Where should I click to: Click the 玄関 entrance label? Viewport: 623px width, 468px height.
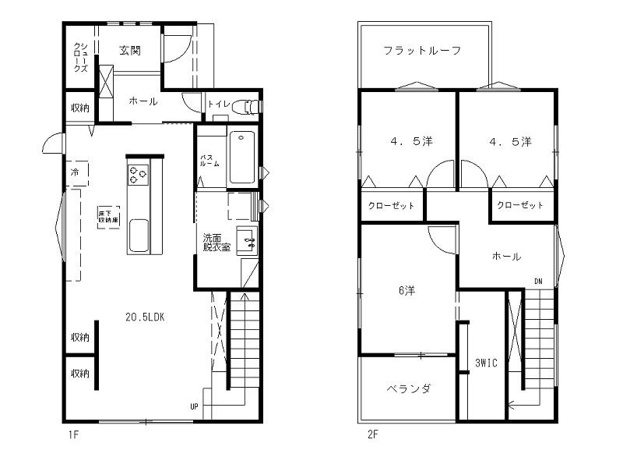coord(129,51)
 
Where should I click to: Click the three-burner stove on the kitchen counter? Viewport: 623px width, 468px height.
coord(138,175)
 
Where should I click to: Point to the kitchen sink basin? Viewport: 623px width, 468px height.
coord(139,235)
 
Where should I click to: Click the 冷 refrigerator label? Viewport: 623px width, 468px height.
coord(76,172)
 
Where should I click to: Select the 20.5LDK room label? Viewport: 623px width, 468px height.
coord(144,317)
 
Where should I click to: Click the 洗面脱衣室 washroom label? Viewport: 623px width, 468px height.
coord(216,243)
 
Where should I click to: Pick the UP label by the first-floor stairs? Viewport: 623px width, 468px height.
coord(194,406)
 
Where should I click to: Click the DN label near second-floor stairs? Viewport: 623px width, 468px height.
coord(537,281)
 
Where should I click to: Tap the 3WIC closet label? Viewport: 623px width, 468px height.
coord(487,362)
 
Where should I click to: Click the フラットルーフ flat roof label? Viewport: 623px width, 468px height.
coord(423,51)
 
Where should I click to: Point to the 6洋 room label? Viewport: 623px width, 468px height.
coord(406,291)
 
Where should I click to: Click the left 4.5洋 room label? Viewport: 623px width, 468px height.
coord(411,142)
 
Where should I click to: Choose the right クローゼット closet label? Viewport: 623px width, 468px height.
coord(520,205)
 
